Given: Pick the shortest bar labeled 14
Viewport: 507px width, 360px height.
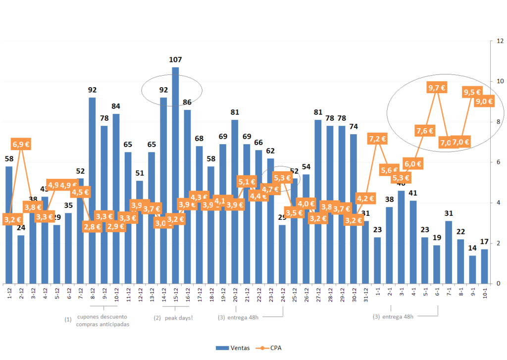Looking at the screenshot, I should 473,269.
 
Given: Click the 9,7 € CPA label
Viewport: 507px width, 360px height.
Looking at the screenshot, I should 436,88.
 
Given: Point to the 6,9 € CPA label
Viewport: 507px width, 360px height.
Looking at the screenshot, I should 21,145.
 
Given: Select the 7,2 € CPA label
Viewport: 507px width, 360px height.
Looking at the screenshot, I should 377,139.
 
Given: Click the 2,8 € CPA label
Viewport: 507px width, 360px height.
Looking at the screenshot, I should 92,227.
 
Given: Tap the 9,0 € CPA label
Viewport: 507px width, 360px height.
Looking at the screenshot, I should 484,102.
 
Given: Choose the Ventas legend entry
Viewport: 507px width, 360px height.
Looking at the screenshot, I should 233,348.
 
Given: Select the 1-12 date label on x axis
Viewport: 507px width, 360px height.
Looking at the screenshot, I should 10,294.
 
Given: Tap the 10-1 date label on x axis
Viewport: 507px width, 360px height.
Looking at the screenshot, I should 484,294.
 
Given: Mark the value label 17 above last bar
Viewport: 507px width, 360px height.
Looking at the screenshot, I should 485,242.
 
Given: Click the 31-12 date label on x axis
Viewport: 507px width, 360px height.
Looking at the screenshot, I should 365,295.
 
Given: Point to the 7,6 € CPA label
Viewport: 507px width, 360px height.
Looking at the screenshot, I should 425,131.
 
